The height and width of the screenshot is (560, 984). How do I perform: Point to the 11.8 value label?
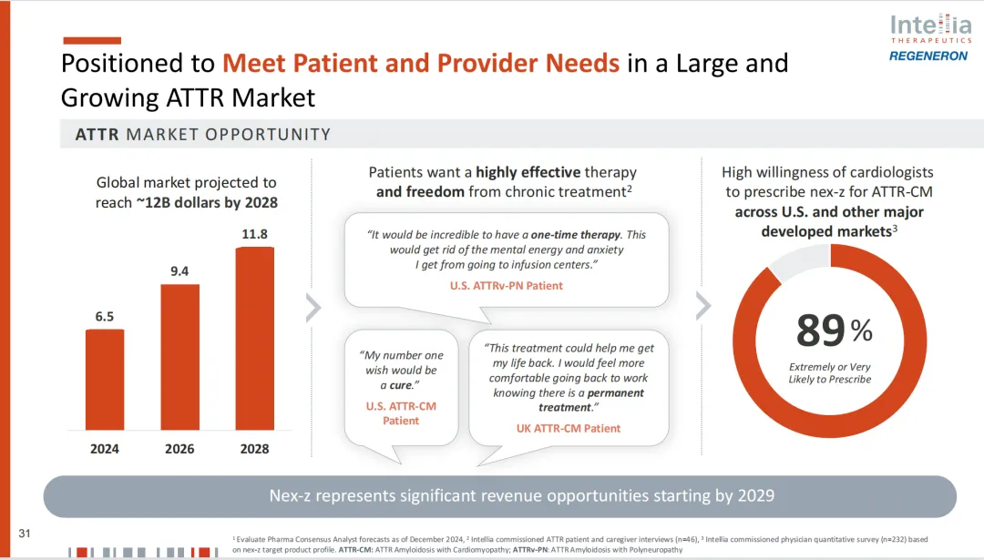[x=254, y=234]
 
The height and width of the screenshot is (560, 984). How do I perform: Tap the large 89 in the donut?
[x=820, y=331]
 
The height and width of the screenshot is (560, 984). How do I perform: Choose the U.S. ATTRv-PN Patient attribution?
[x=507, y=286]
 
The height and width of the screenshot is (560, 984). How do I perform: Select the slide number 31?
[x=26, y=533]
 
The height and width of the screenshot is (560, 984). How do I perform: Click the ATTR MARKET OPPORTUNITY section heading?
[x=202, y=135]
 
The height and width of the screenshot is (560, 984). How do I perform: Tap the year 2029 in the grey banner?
[x=755, y=496]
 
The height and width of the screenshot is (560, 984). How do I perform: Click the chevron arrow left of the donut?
[x=703, y=307]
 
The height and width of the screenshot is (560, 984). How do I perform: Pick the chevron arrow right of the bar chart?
[x=313, y=309]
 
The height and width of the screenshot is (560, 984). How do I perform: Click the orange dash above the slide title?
[x=91, y=40]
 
